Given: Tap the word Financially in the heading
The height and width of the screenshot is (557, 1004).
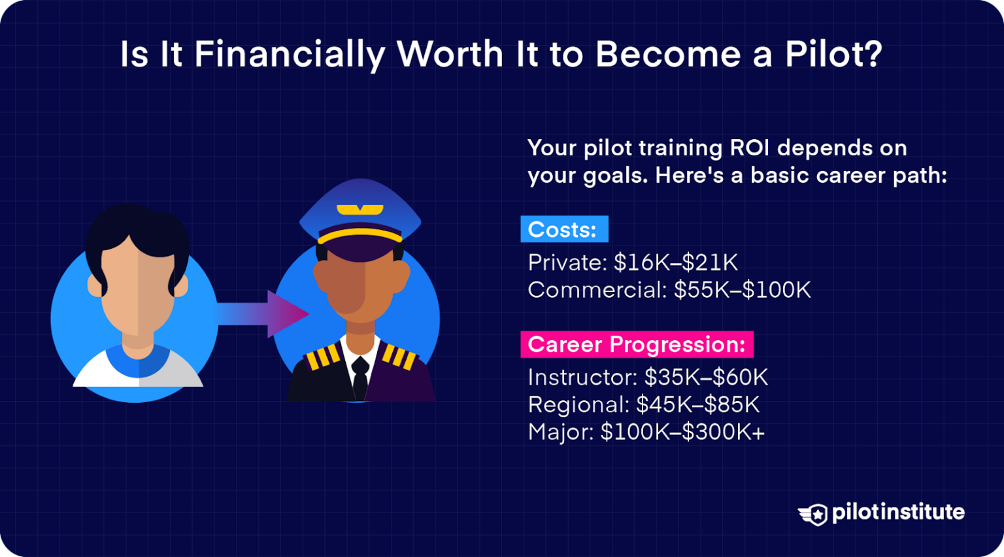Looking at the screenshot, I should [289, 55].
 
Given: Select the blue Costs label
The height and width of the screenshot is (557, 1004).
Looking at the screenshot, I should [563, 230].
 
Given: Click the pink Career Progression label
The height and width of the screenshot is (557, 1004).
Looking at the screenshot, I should [637, 345].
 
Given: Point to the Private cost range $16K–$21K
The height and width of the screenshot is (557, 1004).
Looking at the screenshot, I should [676, 263].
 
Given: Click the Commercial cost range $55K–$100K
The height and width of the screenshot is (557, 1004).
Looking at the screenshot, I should [743, 290].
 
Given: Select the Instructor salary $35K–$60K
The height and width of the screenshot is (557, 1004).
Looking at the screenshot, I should [707, 377].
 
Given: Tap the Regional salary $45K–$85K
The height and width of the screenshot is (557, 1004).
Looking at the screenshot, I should [698, 405].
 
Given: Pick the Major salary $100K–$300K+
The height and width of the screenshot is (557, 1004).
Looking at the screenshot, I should [682, 432].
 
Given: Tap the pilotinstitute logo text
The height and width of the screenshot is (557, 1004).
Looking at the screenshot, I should [897, 513].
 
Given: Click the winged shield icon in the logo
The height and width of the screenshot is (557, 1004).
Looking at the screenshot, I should [813, 515].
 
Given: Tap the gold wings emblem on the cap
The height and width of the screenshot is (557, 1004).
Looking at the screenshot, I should [360, 210].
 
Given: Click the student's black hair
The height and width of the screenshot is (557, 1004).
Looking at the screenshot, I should [137, 229].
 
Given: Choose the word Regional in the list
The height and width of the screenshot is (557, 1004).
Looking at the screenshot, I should [578, 405].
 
